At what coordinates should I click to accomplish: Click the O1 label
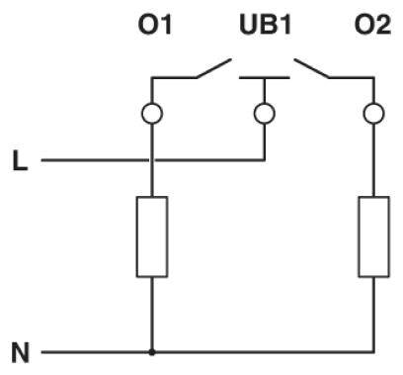coord(154,24)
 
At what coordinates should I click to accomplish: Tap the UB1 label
coord(265,24)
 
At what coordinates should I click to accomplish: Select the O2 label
coord(372,24)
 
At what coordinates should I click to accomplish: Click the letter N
coord(20,351)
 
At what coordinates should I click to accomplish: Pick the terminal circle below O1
coord(151,114)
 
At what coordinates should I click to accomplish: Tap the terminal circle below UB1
coord(264,114)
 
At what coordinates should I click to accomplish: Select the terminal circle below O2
coord(372,114)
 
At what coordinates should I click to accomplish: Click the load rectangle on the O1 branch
coord(151,236)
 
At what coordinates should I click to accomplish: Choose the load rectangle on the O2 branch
coord(372,236)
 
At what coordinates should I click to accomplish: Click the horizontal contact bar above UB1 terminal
coord(264,78)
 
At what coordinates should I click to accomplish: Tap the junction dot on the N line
coord(151,351)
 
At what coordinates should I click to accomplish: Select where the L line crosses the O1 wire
coord(151,159)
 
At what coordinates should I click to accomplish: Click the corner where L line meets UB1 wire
coord(264,159)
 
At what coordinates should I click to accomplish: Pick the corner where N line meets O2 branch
coord(372,351)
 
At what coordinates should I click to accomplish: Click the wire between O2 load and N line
coord(372,315)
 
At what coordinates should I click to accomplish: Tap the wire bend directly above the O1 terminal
coord(151,78)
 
